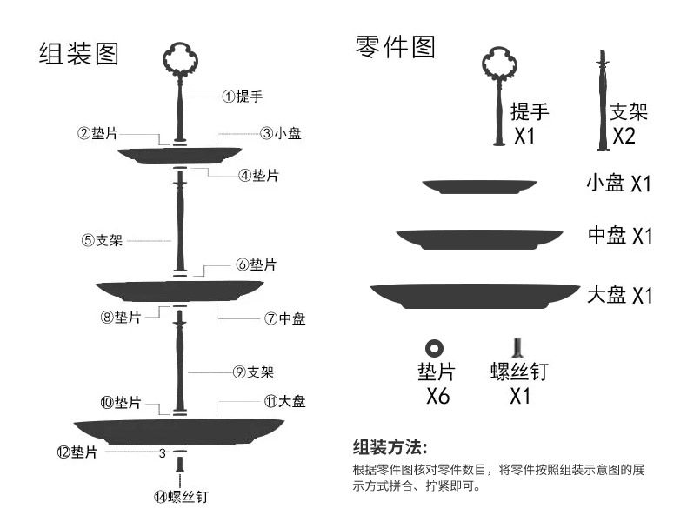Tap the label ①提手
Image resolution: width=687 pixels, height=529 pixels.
tap(243, 97)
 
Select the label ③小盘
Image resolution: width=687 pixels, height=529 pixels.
tap(281, 134)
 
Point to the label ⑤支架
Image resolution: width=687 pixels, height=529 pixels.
tap(102, 240)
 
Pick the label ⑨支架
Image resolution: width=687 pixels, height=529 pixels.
tap(254, 372)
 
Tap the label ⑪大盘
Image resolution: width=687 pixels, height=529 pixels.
tap(284, 402)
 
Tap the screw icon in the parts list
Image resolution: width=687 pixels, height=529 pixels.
tap(517, 347)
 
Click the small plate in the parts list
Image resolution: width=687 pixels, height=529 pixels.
tap(479, 186)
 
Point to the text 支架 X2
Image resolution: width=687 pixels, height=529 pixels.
tap(627, 123)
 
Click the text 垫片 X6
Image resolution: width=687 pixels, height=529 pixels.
tap(436, 384)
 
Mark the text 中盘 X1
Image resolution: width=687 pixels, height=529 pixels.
tap(620, 236)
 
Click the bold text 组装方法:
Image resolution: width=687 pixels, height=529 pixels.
tap(390, 448)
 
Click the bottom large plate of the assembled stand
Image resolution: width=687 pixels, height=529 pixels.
tap(179, 430)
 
